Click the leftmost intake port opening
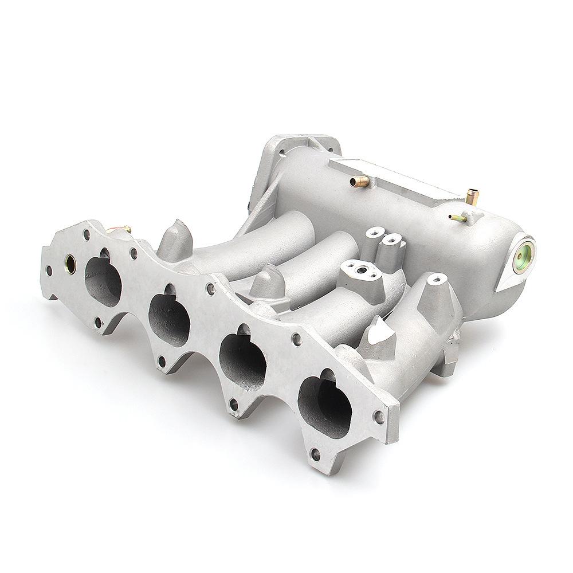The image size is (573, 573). [x=104, y=281]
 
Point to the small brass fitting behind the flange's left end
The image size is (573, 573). [x=122, y=229]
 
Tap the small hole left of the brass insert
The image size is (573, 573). [x=49, y=269]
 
